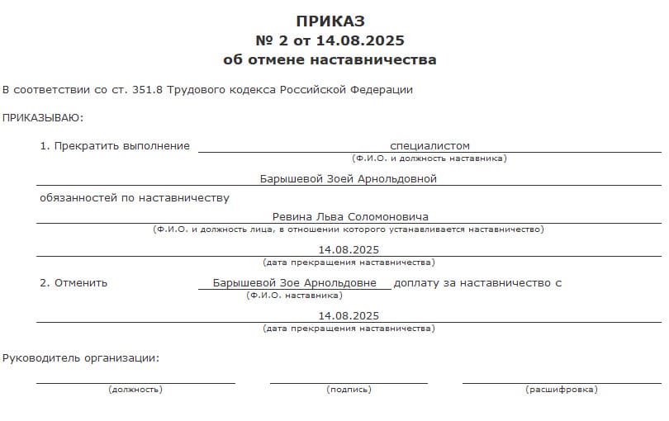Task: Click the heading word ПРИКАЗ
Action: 330,21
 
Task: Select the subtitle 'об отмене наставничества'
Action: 330,59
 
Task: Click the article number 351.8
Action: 148,89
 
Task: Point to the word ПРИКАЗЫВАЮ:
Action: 43,117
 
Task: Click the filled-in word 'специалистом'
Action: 429,145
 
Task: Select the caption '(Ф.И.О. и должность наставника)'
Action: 429,158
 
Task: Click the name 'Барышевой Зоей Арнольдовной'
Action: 348,178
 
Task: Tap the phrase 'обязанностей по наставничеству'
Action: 135,197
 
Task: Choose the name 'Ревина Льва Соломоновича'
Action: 350,216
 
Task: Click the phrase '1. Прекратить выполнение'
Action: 115,145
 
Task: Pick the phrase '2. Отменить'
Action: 74,282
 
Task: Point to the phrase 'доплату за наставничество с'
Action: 477,282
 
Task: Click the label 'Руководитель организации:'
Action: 80,357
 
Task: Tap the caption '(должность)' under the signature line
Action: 135,389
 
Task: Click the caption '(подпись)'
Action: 349,389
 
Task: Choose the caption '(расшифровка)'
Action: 561,389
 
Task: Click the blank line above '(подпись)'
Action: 349,381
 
